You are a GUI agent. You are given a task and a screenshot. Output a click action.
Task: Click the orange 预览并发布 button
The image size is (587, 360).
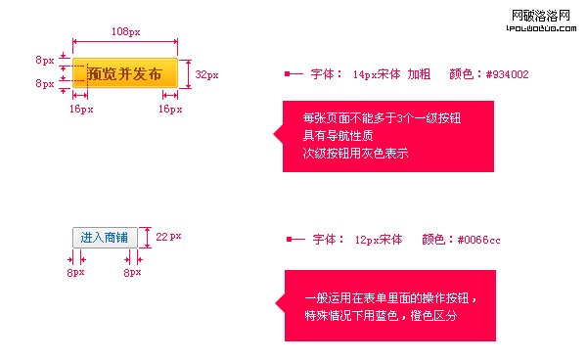point(125,73)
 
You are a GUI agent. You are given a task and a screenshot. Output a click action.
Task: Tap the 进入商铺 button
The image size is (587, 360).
point(104,237)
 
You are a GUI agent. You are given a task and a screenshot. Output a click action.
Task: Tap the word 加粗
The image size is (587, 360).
point(419,73)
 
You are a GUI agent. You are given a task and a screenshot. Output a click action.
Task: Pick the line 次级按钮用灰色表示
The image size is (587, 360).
point(355,154)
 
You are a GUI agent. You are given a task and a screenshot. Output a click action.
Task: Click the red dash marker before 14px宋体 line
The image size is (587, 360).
point(293,73)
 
